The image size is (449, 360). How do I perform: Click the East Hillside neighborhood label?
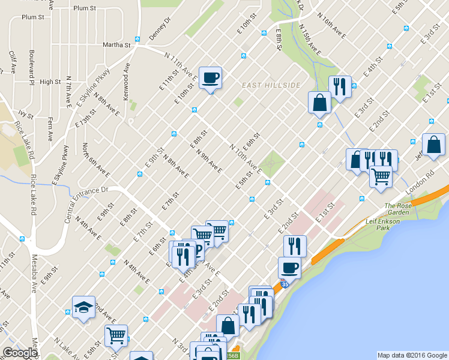point(271,85)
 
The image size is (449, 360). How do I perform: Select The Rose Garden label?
point(398,209)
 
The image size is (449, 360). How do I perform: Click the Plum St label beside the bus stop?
point(84,8)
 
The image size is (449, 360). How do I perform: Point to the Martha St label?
point(116,44)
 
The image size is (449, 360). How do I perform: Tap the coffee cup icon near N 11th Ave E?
point(210,77)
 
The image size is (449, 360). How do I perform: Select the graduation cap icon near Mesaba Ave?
point(83,307)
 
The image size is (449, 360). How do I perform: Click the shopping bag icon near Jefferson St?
point(433,145)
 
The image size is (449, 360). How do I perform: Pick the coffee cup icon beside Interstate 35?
point(289,268)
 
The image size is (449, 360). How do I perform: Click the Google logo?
point(20,353)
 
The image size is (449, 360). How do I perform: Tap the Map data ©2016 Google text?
point(412,355)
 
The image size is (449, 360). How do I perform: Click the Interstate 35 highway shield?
point(285,284)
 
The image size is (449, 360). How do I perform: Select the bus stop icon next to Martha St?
point(137,40)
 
